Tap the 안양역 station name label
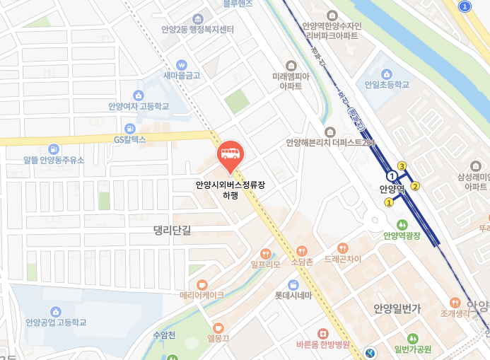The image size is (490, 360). point(391,189)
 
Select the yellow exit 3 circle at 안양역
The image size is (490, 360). point(402,166)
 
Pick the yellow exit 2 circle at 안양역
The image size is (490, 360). point(415,186)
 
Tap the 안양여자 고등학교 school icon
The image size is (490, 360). point(139,95)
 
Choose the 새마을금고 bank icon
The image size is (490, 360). point(182,63)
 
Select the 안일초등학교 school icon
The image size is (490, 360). point(387,74)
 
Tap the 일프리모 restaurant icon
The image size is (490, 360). point(266,253)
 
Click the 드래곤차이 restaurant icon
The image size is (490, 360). point(343,248)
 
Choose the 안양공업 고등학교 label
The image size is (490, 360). point(56,323)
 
